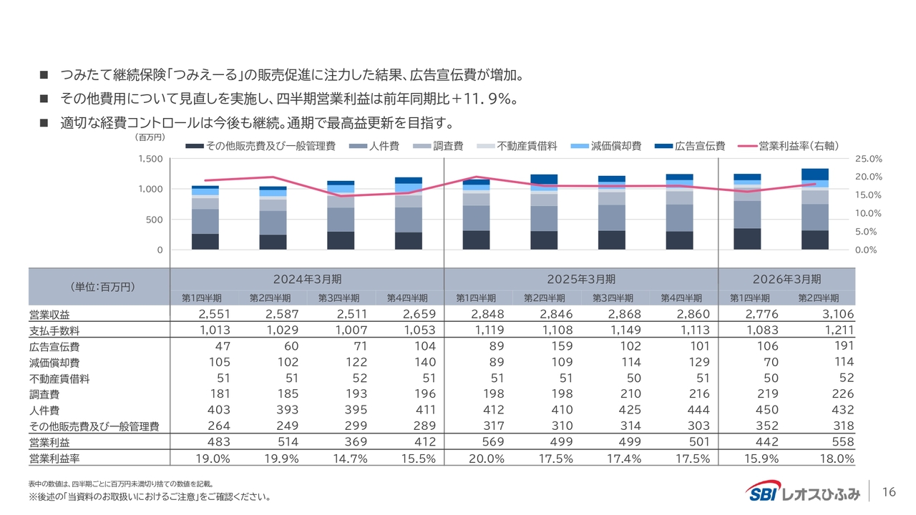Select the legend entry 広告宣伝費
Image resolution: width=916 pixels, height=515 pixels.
pos(700,146)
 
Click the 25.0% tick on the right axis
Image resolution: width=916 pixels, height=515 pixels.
pos(869,159)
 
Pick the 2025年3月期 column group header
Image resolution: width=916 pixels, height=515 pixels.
pos(580,279)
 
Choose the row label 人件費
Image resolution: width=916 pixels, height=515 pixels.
pos(44,410)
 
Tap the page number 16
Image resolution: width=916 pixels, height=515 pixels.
pos(890,492)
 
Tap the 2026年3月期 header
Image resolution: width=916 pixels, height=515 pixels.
pos(786,279)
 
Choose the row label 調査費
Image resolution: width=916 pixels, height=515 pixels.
pos(44,394)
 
